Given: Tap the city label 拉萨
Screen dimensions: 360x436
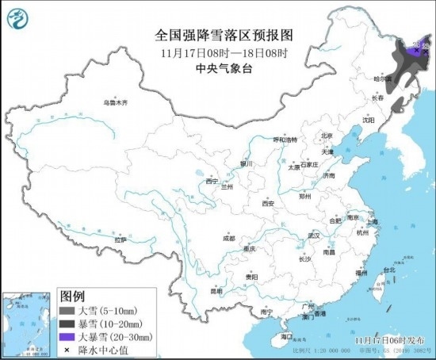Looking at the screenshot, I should (120, 239).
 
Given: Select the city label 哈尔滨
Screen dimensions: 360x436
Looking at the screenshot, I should (384, 79).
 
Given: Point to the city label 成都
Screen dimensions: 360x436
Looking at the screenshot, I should (229, 237).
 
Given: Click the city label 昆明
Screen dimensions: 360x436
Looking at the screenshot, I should (216, 291).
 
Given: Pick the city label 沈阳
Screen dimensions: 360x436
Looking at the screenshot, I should (368, 120).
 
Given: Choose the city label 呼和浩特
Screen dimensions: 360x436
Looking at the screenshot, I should (283, 139).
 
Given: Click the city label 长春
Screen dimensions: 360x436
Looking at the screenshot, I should (377, 98).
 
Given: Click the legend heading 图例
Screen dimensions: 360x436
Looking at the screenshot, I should (74, 297).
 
